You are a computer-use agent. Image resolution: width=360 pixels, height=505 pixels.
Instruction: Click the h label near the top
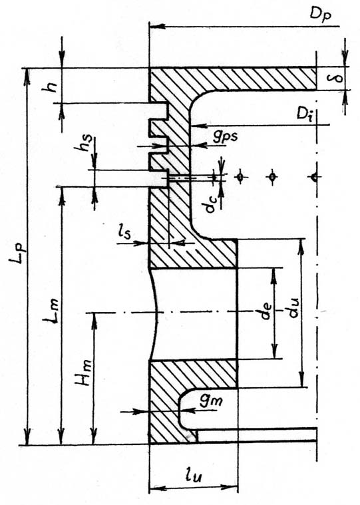pos(50,86)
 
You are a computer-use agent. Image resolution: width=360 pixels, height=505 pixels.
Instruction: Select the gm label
pos(211,401)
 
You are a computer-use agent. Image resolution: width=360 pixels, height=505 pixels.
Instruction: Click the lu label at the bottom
pos(193,476)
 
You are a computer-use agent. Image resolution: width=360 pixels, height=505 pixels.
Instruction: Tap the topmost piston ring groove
pos(158,111)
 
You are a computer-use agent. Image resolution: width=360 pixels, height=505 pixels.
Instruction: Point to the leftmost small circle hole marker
pos(240,177)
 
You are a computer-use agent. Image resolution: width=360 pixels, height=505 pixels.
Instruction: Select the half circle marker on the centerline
pos(314,177)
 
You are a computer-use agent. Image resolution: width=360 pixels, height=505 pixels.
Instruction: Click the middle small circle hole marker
pos(273,177)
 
